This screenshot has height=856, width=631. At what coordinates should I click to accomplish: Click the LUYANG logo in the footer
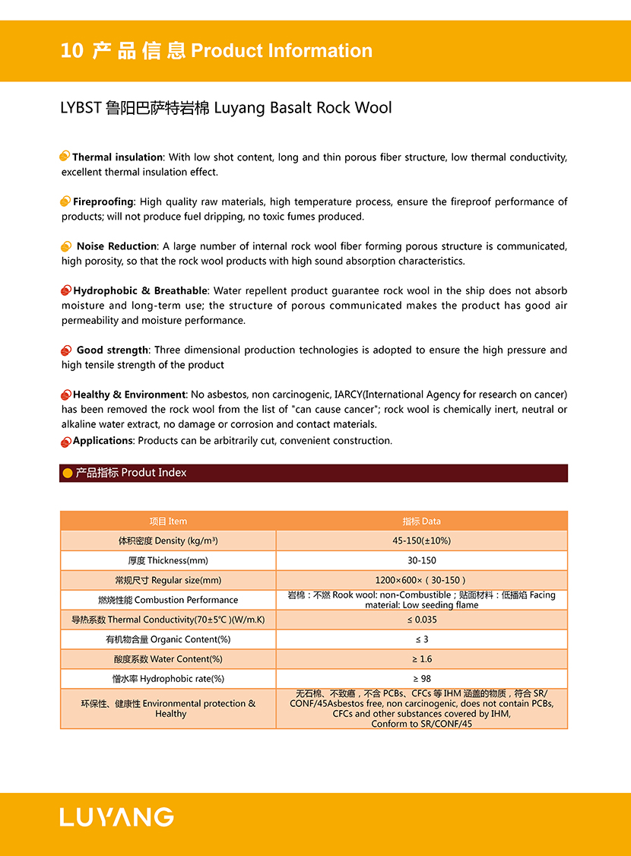(116, 817)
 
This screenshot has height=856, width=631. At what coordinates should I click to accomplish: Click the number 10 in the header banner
(71, 51)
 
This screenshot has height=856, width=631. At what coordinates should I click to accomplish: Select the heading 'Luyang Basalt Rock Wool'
(303, 108)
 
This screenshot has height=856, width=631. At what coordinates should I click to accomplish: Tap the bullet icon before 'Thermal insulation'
(65, 157)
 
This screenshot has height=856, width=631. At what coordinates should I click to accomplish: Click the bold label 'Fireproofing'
(103, 201)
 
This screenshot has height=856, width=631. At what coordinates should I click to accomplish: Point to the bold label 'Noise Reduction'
(116, 246)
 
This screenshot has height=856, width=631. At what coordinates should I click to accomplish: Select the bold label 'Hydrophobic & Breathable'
(140, 290)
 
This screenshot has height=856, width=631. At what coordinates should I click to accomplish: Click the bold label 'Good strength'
(113, 350)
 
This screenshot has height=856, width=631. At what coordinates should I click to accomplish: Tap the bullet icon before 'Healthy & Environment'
(65, 395)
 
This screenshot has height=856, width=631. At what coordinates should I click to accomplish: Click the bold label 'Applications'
(103, 441)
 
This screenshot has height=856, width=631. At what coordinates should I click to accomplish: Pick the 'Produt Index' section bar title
(131, 473)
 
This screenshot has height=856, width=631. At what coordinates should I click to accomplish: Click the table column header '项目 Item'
(168, 522)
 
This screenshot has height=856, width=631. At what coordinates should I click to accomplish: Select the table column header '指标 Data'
(421, 522)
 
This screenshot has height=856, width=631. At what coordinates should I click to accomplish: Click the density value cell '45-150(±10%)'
(421, 541)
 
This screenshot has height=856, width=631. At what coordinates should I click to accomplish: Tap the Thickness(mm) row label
(168, 560)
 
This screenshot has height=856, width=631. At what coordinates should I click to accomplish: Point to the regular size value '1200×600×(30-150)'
(421, 580)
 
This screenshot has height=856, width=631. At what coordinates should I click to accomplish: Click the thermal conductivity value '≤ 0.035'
(421, 620)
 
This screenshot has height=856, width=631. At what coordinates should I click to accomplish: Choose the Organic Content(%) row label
(168, 639)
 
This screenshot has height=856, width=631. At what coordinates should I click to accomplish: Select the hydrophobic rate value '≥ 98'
(421, 679)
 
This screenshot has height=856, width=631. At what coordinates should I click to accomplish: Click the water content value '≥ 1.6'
(421, 659)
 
